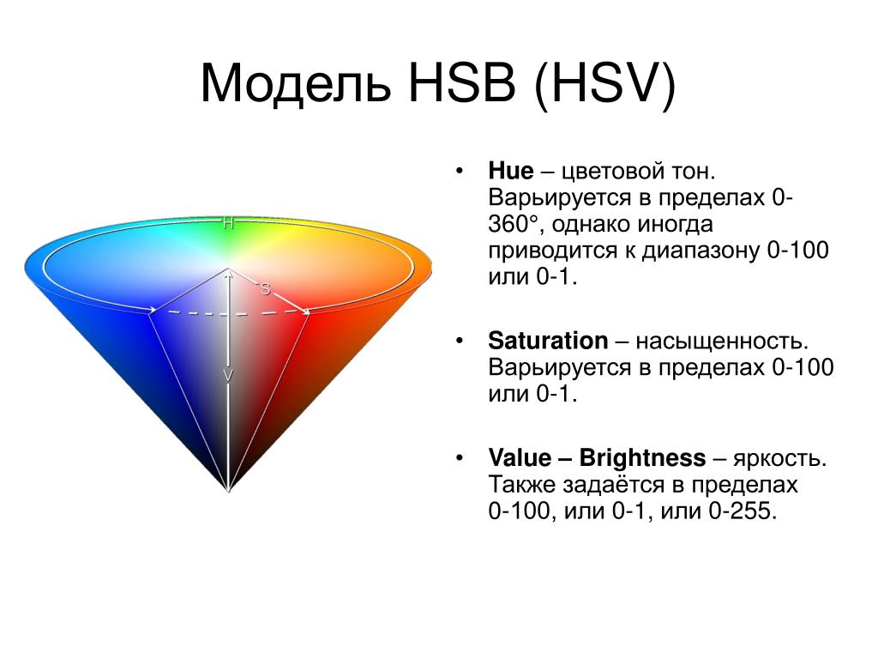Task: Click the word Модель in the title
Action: tap(295, 84)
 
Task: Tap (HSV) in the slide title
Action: tap(604, 85)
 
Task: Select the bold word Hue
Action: tap(511, 171)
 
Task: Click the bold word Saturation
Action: tap(548, 341)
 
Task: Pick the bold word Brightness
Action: tap(642, 458)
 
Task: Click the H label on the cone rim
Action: tap(228, 223)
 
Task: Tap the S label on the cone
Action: tap(266, 289)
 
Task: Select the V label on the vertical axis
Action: tap(228, 375)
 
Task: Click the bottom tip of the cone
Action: tap(228, 492)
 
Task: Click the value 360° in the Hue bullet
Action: tap(514, 224)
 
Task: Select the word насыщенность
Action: tap(722, 342)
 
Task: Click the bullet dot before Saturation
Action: tap(460, 340)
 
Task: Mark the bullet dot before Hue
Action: tap(460, 171)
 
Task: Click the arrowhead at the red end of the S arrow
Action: tap(306, 311)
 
